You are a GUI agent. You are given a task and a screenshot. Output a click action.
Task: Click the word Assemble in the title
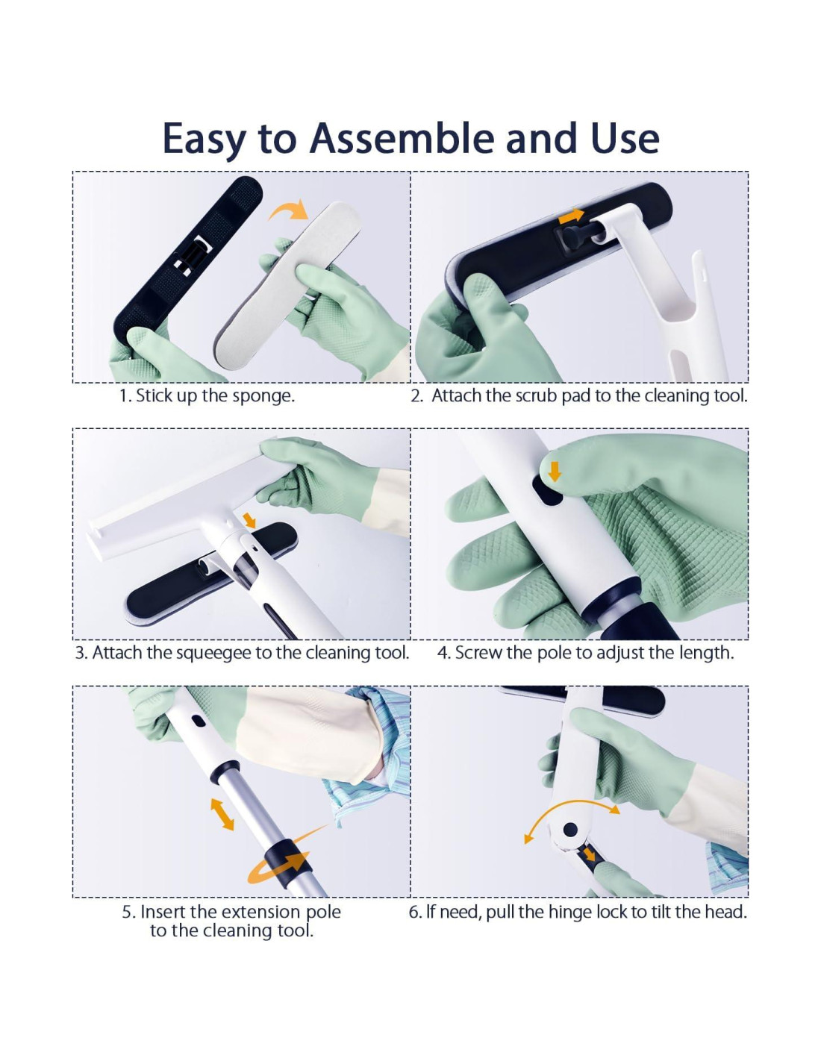402,138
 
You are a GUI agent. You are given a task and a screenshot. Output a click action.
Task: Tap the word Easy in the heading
205,140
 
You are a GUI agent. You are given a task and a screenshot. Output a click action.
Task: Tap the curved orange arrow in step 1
289,210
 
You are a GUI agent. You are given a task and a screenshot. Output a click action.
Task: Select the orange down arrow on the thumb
554,472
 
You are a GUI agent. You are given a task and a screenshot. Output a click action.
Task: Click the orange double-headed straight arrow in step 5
222,814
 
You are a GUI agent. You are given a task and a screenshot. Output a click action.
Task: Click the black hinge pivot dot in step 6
570,829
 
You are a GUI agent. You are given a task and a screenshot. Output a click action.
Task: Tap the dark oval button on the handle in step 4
547,490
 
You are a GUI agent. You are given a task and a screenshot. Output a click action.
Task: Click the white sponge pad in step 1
287,286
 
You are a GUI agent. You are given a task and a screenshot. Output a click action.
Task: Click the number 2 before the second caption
416,396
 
